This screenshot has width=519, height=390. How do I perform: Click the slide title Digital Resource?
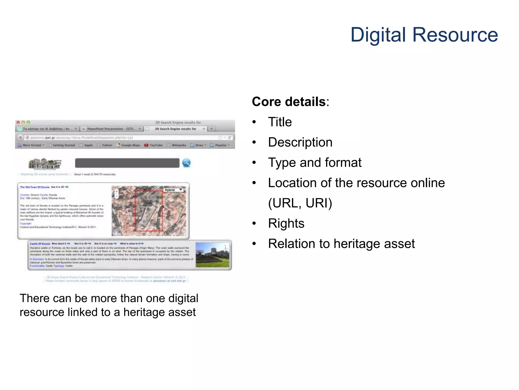point(424,35)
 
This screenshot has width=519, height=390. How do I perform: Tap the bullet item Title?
point(280,122)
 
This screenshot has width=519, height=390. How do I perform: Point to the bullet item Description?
point(300,142)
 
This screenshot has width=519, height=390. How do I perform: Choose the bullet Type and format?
point(314,163)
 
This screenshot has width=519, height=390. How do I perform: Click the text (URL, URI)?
point(300,203)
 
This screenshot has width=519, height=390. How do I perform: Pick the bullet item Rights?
point(286,223)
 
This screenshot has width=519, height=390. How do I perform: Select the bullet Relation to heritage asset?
point(341,244)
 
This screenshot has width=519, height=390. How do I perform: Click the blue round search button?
point(187,163)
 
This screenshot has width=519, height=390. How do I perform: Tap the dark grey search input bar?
point(127,163)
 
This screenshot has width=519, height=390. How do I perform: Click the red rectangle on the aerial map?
point(149,211)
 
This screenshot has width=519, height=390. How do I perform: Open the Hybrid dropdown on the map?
point(174,190)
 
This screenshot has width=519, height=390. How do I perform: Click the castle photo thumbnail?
point(212,255)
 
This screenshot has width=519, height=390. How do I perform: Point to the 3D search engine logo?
point(45,164)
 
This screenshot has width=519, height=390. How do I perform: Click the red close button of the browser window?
point(18,122)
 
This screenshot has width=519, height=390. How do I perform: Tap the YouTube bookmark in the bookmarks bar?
point(154,145)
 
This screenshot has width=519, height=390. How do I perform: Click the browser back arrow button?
point(20,137)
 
